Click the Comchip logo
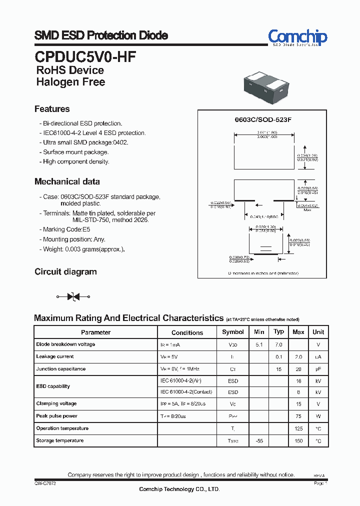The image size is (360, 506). [x=297, y=37]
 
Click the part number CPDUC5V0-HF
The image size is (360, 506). [x=85, y=56]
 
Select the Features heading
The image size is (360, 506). [x=52, y=109]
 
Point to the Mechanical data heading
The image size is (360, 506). [x=67, y=181]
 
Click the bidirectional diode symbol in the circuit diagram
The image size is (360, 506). [x=73, y=297]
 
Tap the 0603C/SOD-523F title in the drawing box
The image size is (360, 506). [x=263, y=120]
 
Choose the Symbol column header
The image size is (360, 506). [x=233, y=332]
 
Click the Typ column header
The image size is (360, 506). [x=279, y=331]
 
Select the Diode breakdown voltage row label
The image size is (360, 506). [x=65, y=344]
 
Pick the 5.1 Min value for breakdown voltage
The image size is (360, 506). [x=259, y=344]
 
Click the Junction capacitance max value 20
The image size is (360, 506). [x=298, y=369]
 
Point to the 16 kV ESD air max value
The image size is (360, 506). [x=298, y=380]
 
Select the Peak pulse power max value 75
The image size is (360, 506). [x=298, y=416]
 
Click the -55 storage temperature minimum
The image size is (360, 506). [x=259, y=441]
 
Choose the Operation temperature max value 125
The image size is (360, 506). [x=298, y=428]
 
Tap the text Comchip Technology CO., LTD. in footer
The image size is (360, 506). [x=179, y=489]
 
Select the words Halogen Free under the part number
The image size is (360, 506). [x=70, y=82]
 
